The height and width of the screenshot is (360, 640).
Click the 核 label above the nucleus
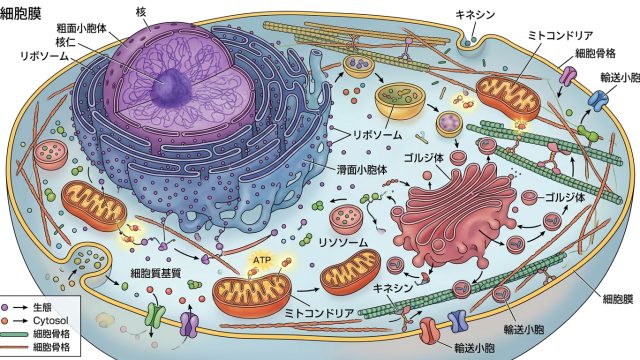click(141, 12)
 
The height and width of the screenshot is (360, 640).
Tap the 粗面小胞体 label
click(82, 28)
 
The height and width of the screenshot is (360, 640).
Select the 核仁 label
click(66, 42)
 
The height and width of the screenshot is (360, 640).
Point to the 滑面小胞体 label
click(362, 169)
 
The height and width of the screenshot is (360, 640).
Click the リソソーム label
click(343, 242)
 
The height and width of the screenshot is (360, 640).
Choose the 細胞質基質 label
click(156, 273)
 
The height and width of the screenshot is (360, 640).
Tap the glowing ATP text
click(262, 260)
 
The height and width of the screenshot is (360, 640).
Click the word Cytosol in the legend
click(50, 320)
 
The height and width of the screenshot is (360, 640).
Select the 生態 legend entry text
click(42, 307)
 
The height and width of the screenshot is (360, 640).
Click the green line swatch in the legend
click(15, 335)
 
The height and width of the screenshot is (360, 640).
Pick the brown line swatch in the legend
click(15, 348)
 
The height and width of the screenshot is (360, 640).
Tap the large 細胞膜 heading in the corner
click(20, 13)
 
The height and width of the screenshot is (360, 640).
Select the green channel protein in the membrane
click(155, 314)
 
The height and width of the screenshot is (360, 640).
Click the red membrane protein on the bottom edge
click(429, 330)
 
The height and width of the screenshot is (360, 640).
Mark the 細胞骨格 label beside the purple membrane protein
click(596, 53)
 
